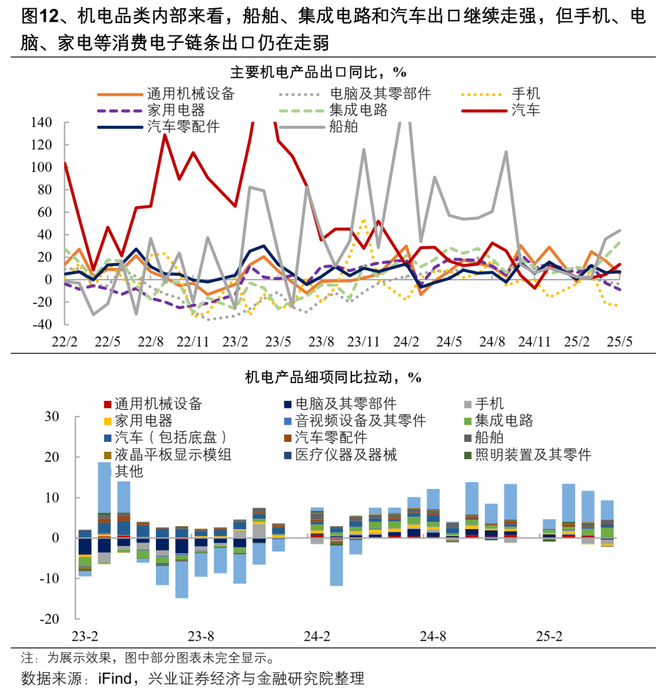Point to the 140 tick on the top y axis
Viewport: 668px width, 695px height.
tap(41, 122)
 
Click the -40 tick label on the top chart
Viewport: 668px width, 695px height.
tap(42, 324)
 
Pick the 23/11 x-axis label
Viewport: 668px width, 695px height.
tap(363, 342)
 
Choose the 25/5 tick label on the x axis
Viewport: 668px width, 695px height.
tap(619, 342)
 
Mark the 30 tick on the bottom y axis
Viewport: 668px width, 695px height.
tap(52, 417)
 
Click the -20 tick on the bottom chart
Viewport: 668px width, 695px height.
tap(49, 619)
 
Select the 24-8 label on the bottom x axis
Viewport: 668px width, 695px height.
tap(433, 636)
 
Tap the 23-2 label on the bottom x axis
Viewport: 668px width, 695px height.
tap(85, 636)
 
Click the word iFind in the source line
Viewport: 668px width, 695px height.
tap(114, 678)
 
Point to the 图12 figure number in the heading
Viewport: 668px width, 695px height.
tap(40, 16)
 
